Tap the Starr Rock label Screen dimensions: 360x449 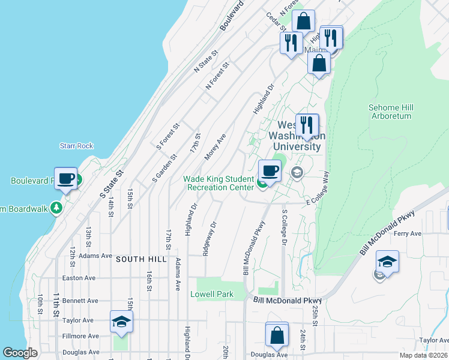(x=76, y=146)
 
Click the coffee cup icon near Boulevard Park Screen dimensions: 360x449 (x=66, y=178)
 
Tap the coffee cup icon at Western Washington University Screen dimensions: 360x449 (x=270, y=171)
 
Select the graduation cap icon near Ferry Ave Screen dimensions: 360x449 (x=387, y=262)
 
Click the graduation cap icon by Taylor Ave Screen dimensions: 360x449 (x=121, y=322)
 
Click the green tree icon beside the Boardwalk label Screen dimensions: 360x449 (x=57, y=208)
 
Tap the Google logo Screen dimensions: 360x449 (x=20, y=353)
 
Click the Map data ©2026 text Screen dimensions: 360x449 (x=424, y=355)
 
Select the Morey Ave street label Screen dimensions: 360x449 (x=215, y=146)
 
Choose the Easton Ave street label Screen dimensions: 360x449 (x=79, y=278)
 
